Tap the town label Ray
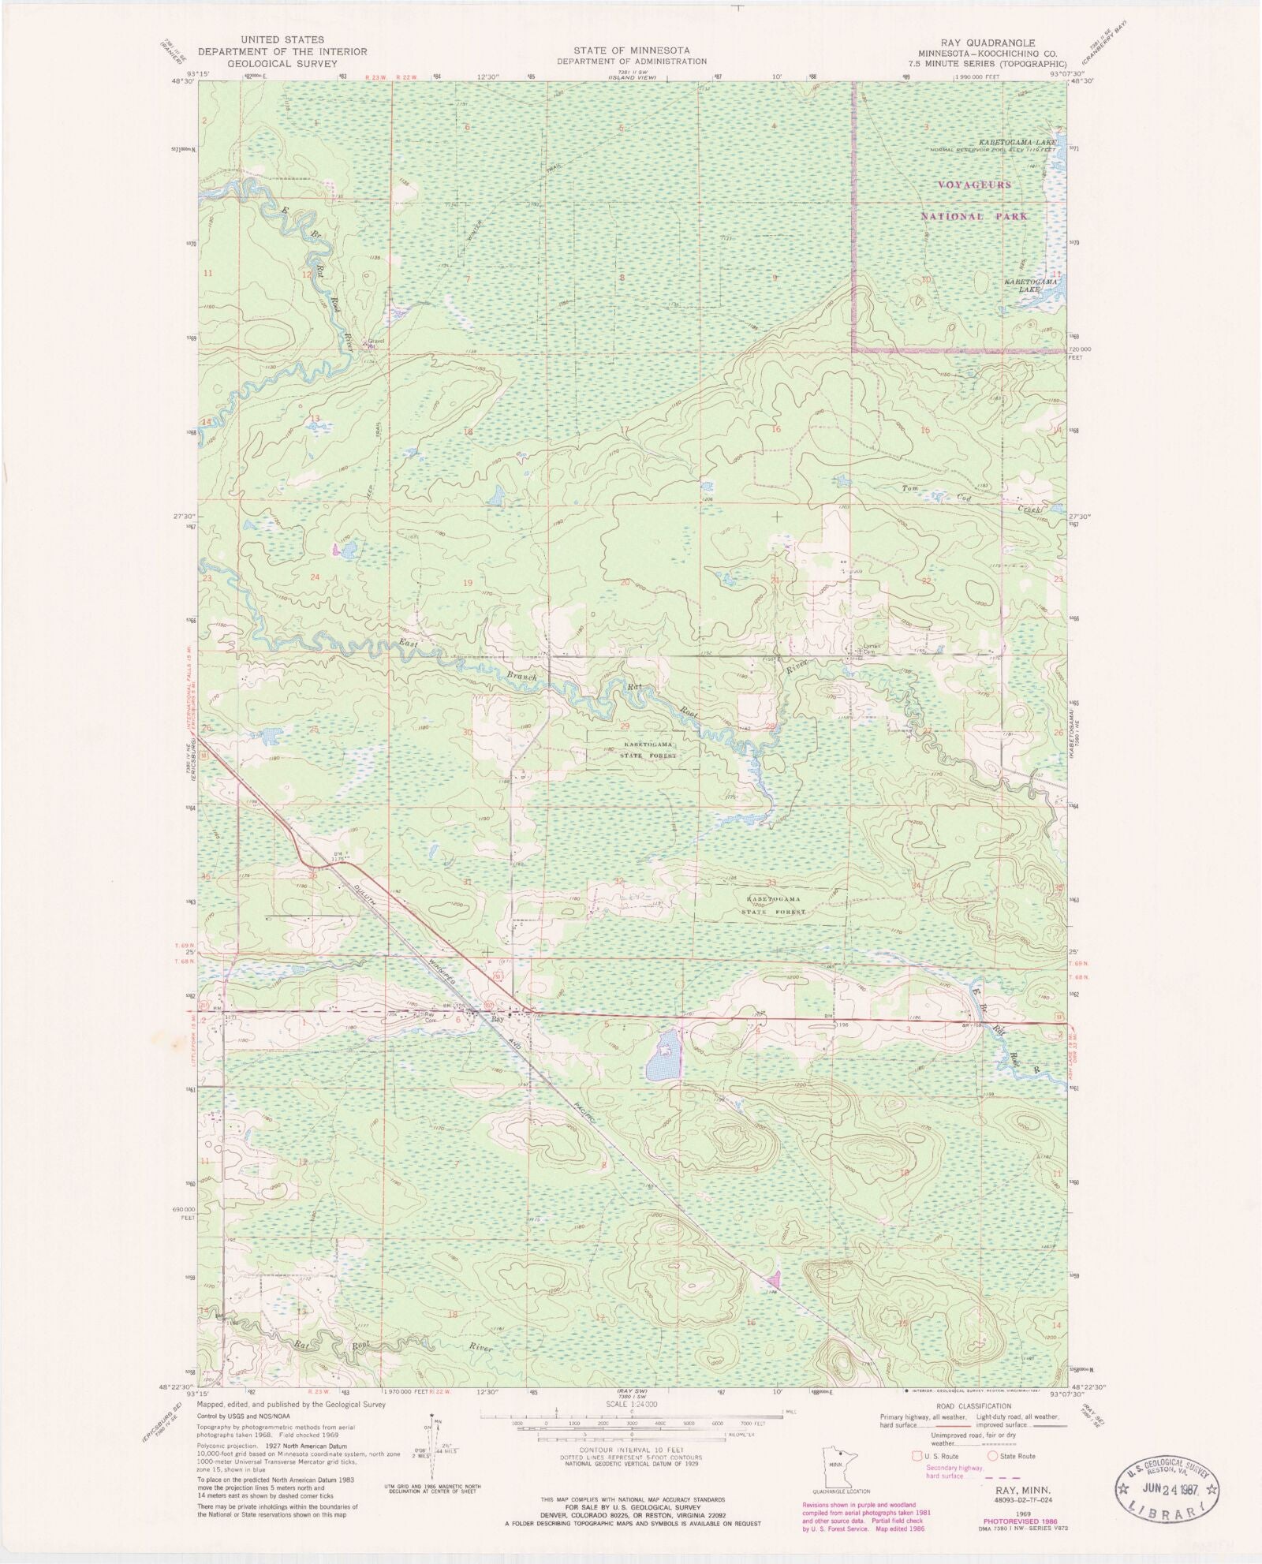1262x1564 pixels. pyautogui.click(x=497, y=1020)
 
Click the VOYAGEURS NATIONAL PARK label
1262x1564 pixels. pyautogui.click(x=973, y=200)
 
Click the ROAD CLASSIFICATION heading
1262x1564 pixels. pyautogui.click(x=973, y=1405)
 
